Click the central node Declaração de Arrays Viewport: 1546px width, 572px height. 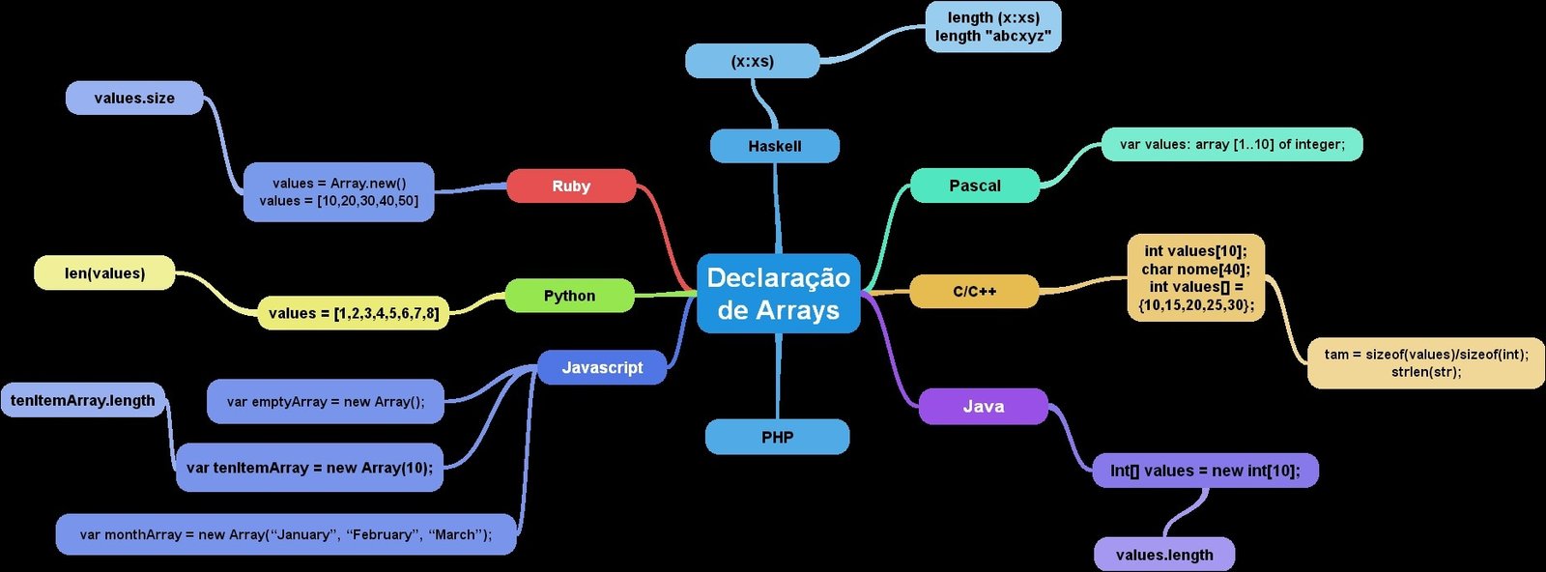coord(778,294)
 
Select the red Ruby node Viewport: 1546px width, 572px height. coord(571,186)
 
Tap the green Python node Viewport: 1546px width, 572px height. coord(569,296)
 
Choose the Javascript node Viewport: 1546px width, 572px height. coord(602,367)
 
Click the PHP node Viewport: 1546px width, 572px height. coord(777,437)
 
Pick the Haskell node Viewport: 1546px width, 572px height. coord(774,146)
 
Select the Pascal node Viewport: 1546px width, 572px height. coord(974,186)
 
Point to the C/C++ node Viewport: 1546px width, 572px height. coord(974,291)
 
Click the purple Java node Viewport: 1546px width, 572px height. coord(983,407)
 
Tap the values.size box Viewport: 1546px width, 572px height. coord(134,98)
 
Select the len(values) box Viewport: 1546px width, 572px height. coord(104,272)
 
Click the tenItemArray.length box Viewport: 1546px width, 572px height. coord(83,400)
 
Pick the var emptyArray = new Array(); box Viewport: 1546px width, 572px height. coord(326,401)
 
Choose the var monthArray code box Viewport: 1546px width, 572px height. coord(286,534)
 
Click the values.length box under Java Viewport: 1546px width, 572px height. coord(1163,555)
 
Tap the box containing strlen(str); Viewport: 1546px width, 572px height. coord(1425,363)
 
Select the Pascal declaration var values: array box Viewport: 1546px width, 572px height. coord(1232,144)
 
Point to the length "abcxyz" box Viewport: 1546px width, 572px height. coord(992,26)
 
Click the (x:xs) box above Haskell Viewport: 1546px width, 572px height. coord(752,61)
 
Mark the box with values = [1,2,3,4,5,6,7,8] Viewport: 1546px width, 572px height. coord(353,313)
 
